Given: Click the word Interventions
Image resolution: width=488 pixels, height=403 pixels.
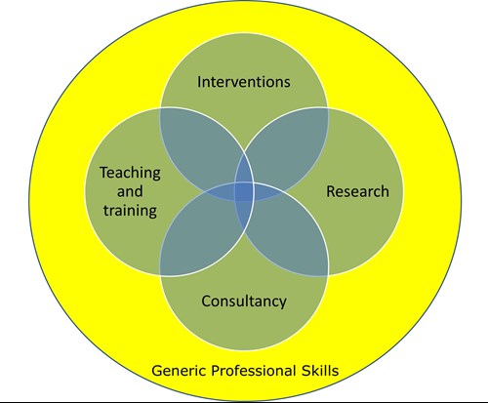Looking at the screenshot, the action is click(x=244, y=82).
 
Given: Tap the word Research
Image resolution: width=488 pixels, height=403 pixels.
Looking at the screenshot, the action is click(x=357, y=191).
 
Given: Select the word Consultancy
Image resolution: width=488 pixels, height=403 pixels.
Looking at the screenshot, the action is click(x=244, y=302).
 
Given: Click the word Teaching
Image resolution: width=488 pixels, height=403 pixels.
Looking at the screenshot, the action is click(x=130, y=173).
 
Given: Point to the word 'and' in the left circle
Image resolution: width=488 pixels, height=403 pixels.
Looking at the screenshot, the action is click(x=130, y=191).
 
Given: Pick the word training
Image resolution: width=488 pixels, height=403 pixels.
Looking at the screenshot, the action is click(x=130, y=211).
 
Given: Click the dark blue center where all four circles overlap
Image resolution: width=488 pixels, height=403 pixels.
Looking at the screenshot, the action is click(x=244, y=192).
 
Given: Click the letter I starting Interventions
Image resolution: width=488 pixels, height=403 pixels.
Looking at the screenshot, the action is click(x=199, y=82).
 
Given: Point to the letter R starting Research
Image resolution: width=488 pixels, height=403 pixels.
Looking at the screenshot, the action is click(x=331, y=191).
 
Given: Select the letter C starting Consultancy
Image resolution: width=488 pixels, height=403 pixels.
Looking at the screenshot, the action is click(x=206, y=302).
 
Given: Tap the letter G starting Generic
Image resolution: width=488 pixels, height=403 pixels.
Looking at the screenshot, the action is click(x=157, y=371).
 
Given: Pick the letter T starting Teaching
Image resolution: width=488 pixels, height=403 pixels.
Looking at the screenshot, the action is click(x=104, y=173).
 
